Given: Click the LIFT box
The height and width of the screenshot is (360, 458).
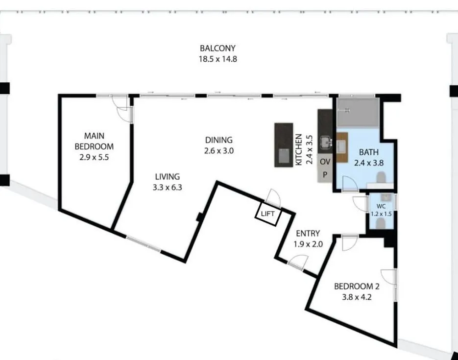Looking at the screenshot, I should [267, 214].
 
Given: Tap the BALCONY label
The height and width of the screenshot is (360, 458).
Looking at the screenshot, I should [217, 48].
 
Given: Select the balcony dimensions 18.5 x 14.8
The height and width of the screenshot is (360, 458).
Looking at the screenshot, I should [217, 59].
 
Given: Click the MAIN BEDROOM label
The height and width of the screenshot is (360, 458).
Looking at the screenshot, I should [94, 141].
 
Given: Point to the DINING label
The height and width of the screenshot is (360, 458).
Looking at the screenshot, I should [218, 140].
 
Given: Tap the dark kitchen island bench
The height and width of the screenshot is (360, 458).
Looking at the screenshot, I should [283, 145].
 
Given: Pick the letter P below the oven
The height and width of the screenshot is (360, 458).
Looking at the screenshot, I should [324, 174].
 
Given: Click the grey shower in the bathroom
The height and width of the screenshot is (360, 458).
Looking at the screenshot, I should [358, 112].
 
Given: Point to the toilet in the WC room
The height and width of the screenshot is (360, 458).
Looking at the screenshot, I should [381, 223].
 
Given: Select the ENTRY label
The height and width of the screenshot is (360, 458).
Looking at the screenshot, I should [308, 233].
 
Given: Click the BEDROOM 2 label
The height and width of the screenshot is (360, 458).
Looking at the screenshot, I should [356, 287].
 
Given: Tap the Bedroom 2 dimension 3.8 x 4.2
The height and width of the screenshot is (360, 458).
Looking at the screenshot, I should [356, 297].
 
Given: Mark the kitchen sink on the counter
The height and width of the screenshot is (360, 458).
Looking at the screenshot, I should [325, 143].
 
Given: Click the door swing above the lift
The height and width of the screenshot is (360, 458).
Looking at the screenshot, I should [273, 197].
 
